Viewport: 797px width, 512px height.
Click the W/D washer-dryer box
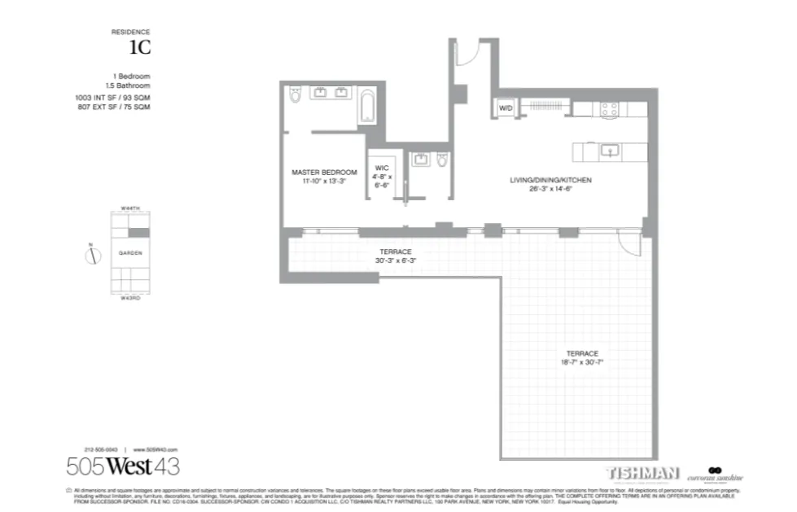click(x=505, y=107)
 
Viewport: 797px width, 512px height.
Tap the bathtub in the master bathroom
click(x=368, y=107)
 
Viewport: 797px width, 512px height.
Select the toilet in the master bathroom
click(x=295, y=96)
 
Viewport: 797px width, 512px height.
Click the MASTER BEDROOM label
click(x=324, y=172)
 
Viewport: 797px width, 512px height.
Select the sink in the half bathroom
click(x=421, y=159)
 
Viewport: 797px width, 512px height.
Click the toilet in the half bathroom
click(x=442, y=160)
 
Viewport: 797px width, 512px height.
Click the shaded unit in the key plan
click(x=141, y=233)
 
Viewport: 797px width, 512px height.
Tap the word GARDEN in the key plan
click(x=130, y=253)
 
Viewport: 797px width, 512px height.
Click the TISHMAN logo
click(x=642, y=473)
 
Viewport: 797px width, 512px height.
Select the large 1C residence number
click(x=140, y=47)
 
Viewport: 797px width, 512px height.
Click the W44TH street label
click(x=130, y=208)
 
